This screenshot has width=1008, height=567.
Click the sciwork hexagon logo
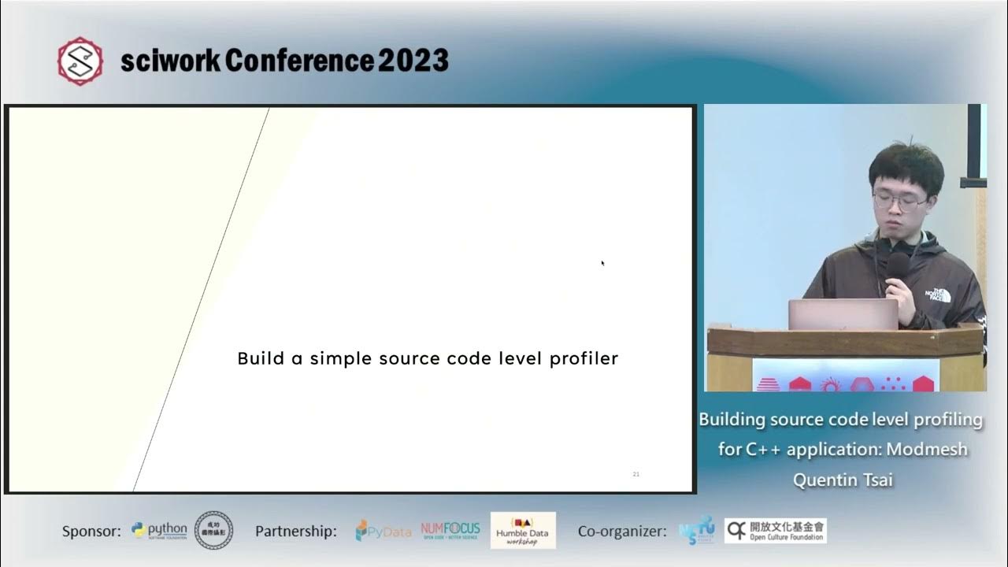coord(80,61)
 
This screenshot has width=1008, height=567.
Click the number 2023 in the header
coord(413,61)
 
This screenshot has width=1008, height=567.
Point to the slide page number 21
coord(636,474)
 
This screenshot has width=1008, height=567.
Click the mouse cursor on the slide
coord(602,262)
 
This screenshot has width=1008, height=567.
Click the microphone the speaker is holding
coord(897,265)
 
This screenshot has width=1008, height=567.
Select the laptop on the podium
coord(843,313)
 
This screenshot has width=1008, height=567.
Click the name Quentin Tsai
coord(843,480)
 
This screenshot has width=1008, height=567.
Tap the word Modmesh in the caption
coord(927,450)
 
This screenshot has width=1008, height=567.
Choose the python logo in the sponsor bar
coord(160,531)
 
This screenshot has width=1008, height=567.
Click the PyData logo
coord(383,532)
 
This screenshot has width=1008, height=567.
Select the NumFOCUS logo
coord(450,530)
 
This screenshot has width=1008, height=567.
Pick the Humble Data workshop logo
coord(523,531)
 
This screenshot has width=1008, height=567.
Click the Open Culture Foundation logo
coord(776,531)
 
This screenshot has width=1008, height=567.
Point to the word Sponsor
coord(91,532)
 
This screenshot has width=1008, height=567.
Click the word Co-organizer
coord(622,532)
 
